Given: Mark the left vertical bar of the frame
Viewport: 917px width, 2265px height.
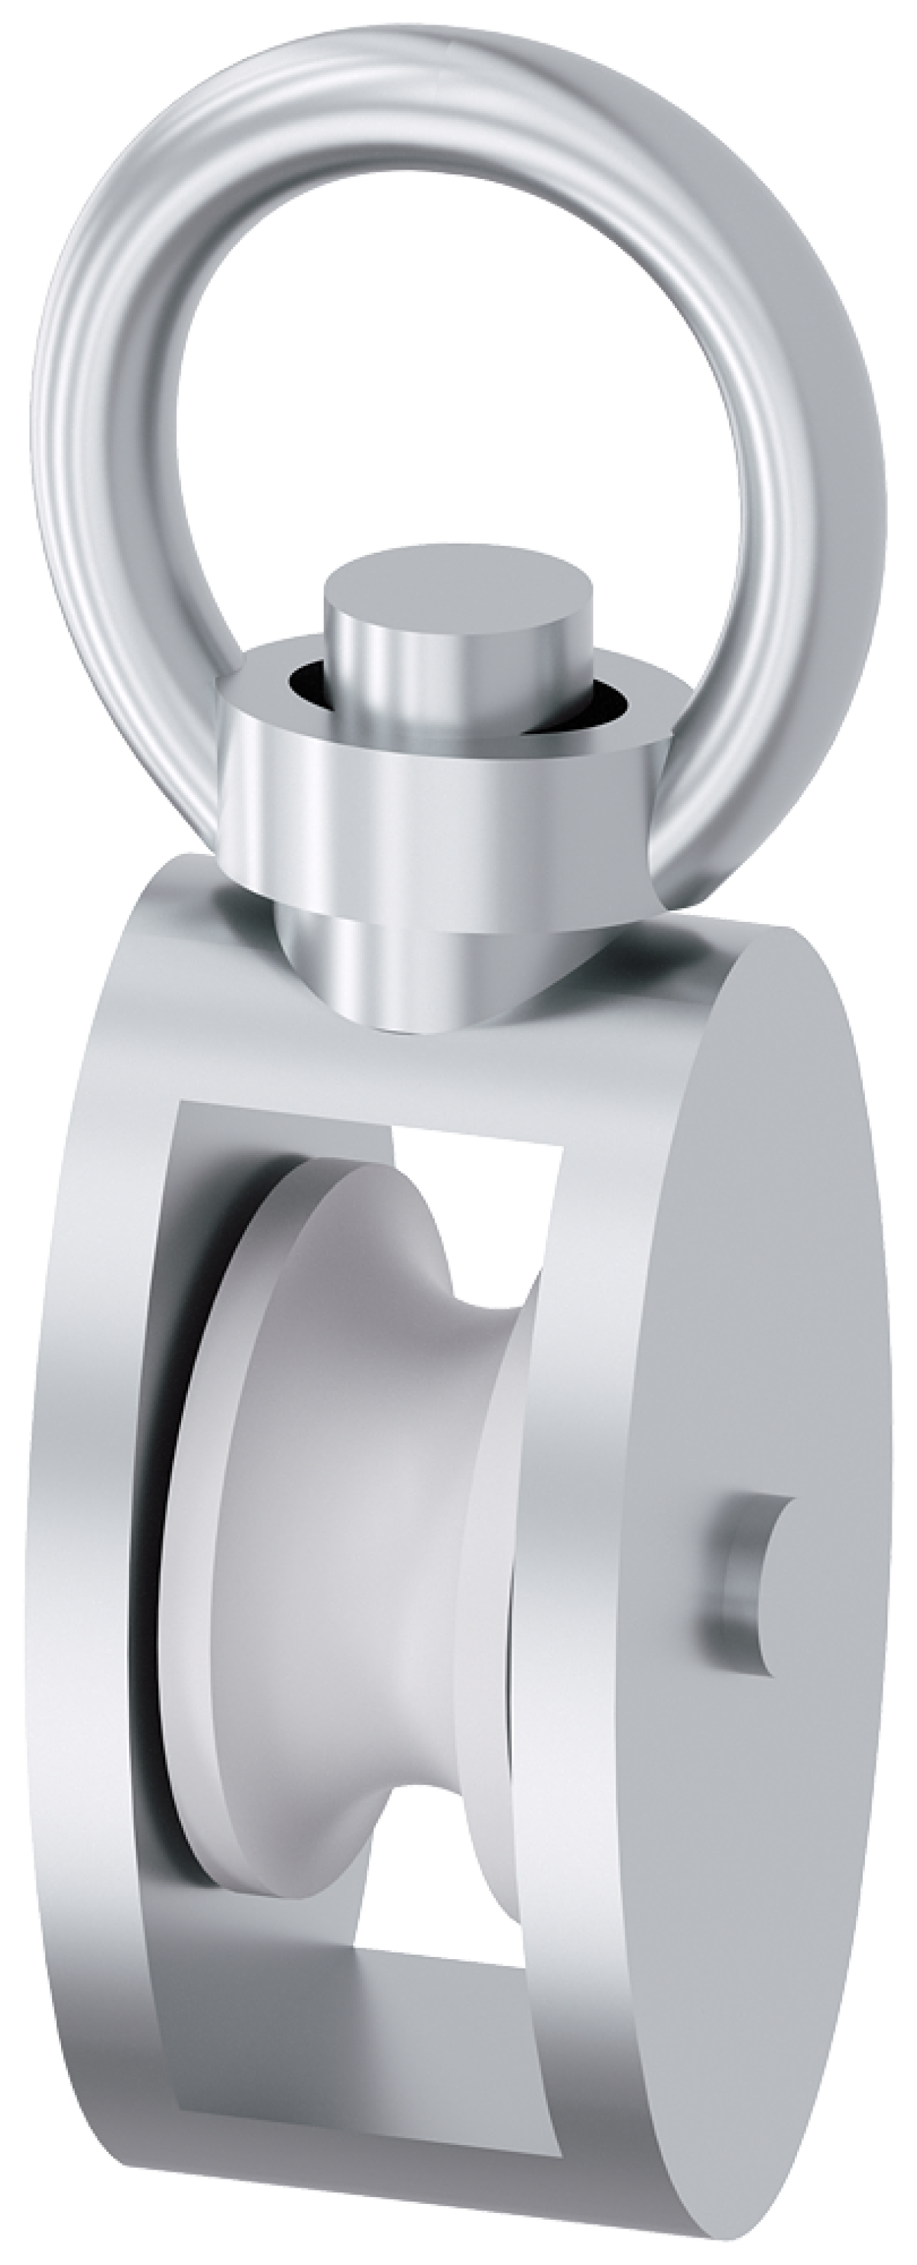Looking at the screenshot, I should coord(88,1582).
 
